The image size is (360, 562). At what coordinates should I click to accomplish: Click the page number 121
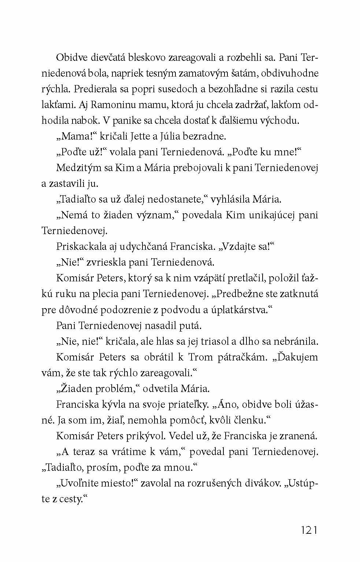click(x=308, y=530)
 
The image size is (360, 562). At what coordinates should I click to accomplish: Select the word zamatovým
click(x=204, y=73)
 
